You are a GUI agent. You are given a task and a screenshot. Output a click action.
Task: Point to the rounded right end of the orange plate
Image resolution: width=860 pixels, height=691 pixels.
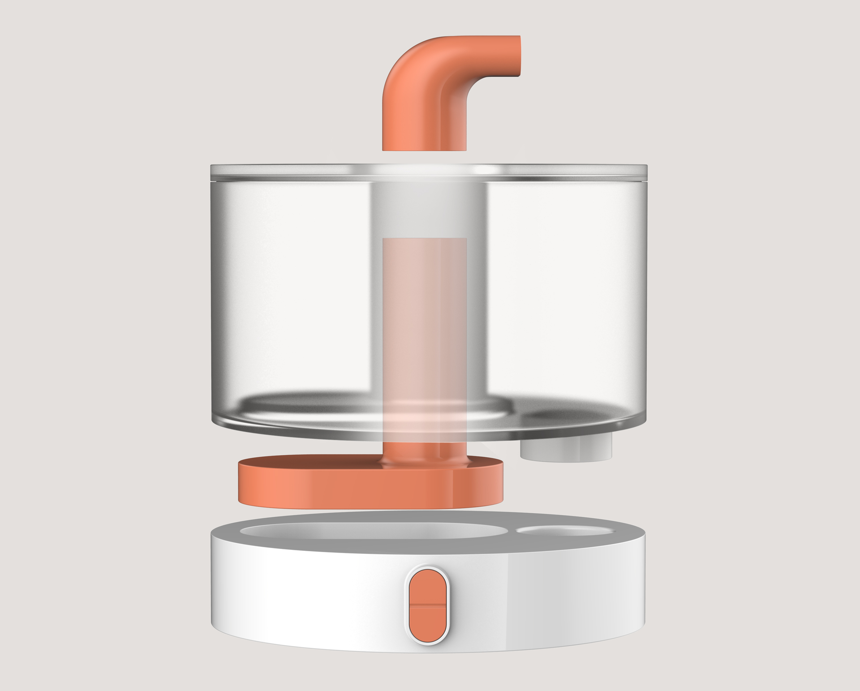[x=497, y=481]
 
